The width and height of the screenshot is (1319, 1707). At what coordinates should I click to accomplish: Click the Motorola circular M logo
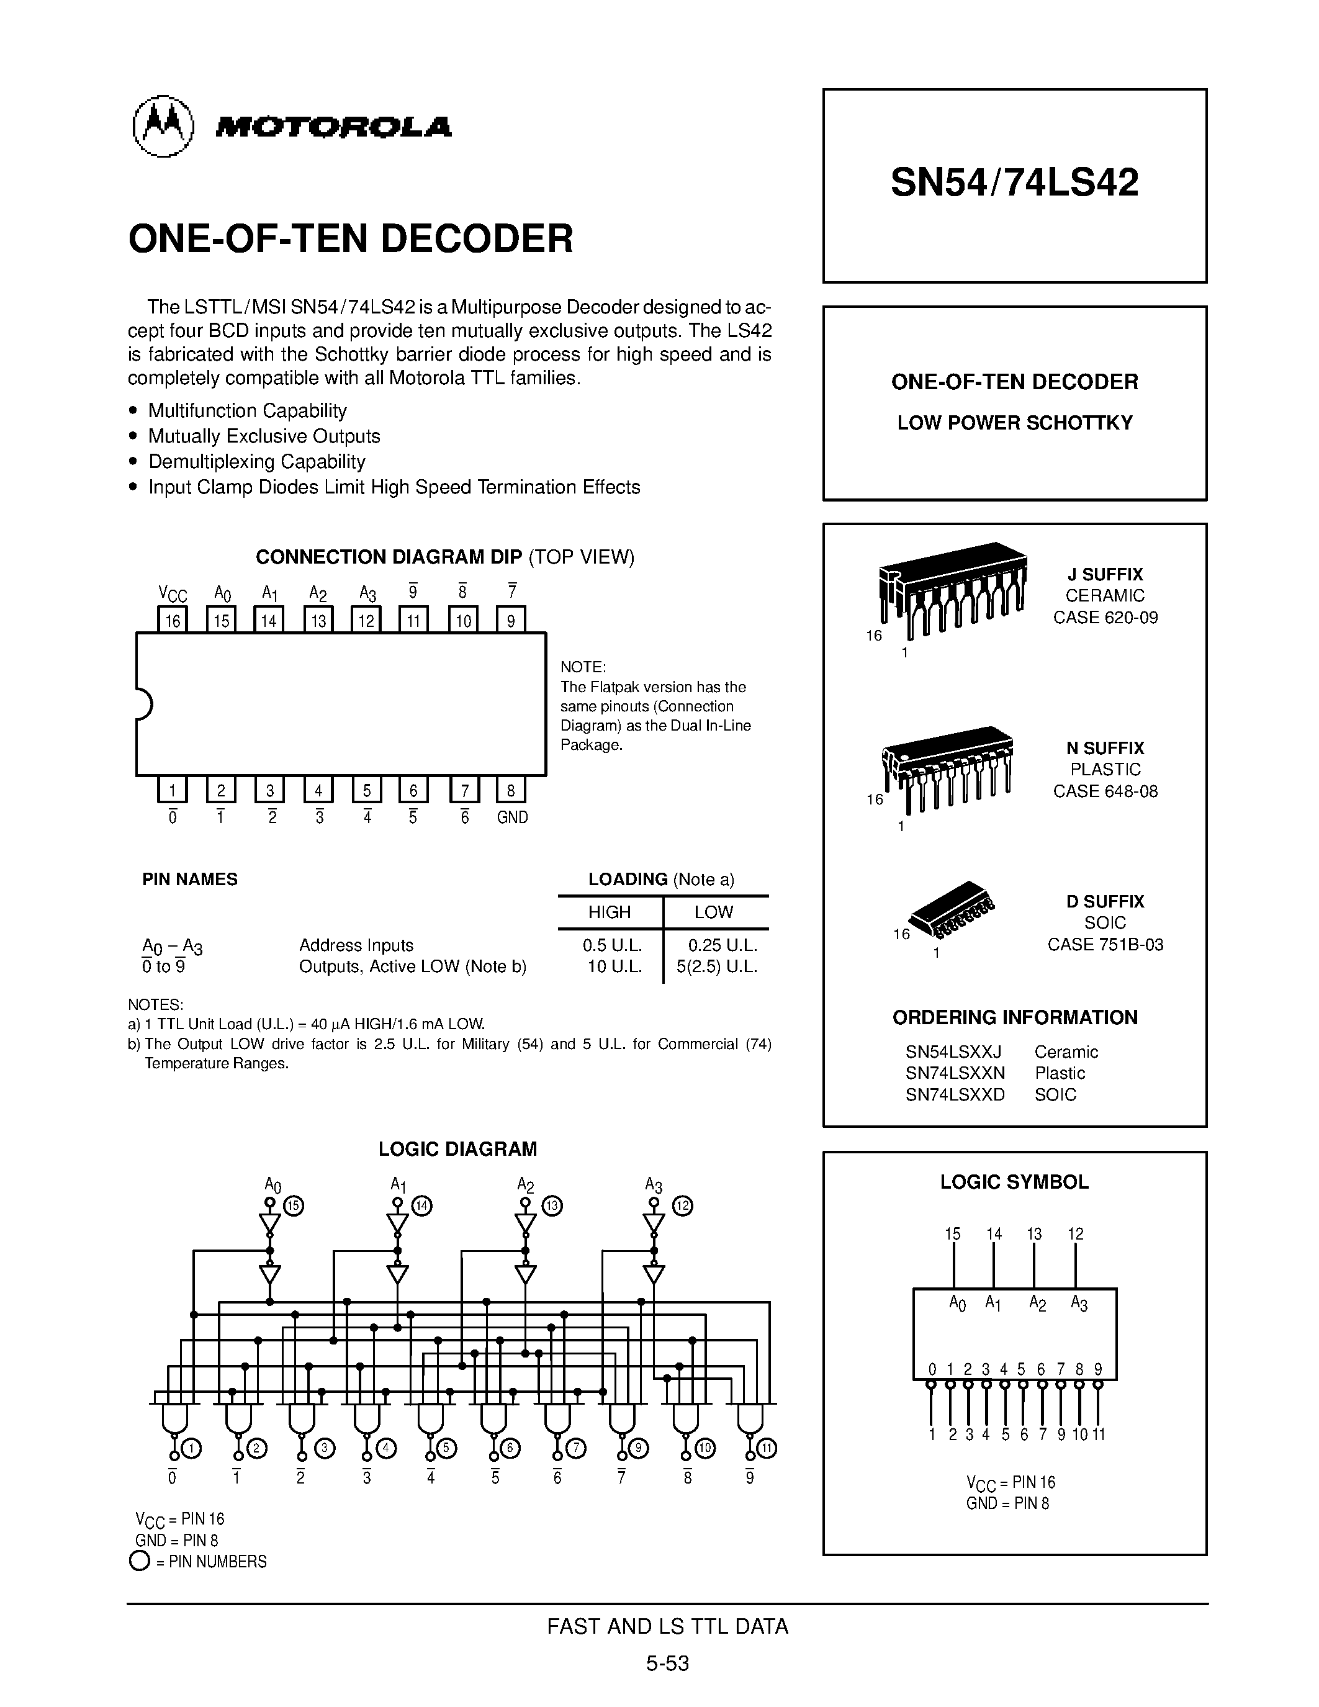(163, 126)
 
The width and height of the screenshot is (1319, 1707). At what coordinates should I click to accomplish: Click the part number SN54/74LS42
(1014, 183)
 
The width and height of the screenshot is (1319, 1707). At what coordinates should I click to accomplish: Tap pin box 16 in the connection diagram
(173, 621)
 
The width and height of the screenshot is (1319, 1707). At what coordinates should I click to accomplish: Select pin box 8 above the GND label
(511, 790)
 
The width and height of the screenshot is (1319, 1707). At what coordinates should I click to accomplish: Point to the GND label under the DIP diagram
(513, 817)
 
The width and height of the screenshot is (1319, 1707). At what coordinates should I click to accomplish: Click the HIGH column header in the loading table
(609, 912)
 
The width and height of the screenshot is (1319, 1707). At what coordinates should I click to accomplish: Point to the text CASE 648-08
(1105, 791)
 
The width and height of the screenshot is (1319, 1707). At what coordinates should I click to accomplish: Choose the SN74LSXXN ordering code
(955, 1073)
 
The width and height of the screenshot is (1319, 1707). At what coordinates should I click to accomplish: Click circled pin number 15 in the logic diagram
(294, 1205)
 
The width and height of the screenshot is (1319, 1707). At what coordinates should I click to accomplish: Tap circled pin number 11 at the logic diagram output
(767, 1448)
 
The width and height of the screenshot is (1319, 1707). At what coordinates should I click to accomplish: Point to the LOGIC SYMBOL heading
(1014, 1182)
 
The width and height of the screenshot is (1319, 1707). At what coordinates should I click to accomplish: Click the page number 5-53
(667, 1663)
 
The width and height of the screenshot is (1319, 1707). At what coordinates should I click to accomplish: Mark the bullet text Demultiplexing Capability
(256, 461)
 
